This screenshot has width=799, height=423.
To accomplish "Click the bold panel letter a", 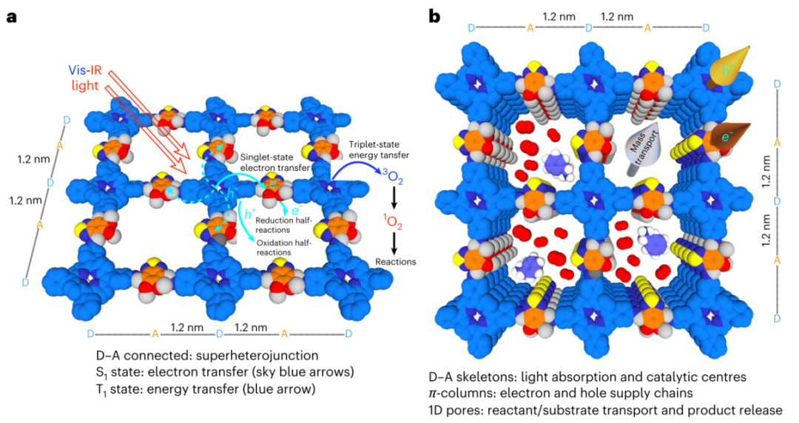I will click(x=12, y=16).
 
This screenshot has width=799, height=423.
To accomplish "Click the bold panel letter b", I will click(x=436, y=16).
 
